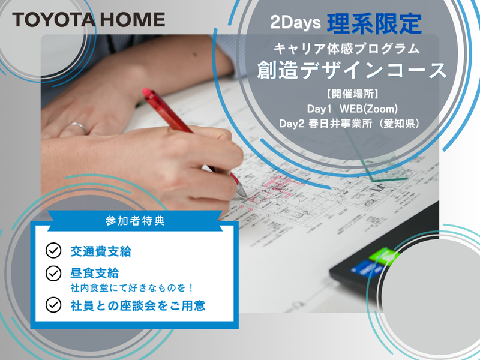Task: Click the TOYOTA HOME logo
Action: tap(88, 19)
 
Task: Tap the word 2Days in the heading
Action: tap(293, 24)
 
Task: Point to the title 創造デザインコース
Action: tap(352, 70)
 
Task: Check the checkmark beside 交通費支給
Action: tap(53, 250)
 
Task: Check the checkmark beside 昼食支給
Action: tap(53, 273)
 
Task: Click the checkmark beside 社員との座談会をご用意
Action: tap(53, 305)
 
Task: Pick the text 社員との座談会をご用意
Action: tap(137, 305)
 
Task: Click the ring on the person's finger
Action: tap(76, 127)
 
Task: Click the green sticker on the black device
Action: tap(383, 256)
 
